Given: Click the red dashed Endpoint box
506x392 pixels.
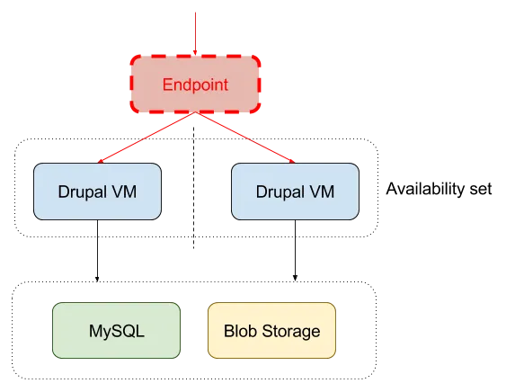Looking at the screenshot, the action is pos(195,85).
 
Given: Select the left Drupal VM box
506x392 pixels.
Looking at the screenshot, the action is pos(97,192).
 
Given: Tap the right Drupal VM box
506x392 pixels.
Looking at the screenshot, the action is pos(295,192).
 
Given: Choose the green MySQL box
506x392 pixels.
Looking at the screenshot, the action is pos(116,330).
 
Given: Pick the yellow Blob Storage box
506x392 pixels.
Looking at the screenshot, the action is pos(271,330).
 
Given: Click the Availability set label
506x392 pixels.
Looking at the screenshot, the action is pos(439,189).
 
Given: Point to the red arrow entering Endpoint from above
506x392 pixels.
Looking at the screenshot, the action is pos(195,33).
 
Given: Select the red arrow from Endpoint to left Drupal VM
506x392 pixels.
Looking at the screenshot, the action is pos(146,138).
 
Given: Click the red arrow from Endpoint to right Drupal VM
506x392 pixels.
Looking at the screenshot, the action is pos(245,138).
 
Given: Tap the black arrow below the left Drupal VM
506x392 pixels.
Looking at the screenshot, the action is pos(97,251).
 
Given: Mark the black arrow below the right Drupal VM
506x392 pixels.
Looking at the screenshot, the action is pos(295,251).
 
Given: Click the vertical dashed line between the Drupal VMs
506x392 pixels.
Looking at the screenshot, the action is pos(193,188).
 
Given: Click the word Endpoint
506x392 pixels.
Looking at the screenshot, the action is pos(195,85).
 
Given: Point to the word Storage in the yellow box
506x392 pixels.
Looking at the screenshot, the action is pos(291,331).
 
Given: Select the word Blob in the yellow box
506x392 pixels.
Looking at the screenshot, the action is pos(241,331).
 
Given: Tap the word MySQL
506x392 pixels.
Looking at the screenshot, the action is pos(117,331).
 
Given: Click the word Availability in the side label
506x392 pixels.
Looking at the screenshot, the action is pos(426,189).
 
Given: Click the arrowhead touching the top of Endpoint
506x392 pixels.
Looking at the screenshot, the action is pos(195,53).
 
